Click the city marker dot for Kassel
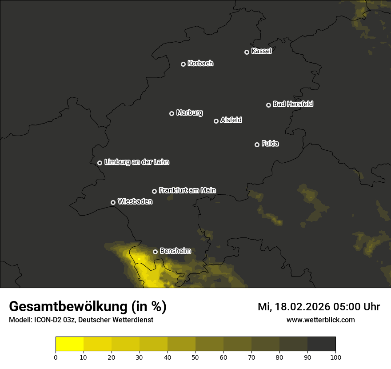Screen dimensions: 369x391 tap(247, 52)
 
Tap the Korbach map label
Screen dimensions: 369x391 tap(200, 64)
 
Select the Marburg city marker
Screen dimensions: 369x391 tap(172, 113)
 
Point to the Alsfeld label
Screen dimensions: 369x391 tap(231, 120)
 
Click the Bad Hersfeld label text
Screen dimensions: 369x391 tap(293, 104)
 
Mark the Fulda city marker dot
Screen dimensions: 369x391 tap(257, 144)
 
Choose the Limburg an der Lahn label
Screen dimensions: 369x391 tap(136, 162)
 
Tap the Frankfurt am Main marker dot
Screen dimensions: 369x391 tap(154, 191)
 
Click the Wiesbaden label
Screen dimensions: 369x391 tap(135, 202)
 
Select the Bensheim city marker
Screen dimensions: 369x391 tap(155, 252)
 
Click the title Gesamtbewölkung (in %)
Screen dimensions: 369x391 tap(88, 307)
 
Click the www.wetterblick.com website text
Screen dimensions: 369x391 tap(321, 320)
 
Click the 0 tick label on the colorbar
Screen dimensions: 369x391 tap(56, 357)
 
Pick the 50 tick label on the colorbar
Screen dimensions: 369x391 tap(195, 357)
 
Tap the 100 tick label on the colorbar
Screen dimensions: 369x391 tap(335, 357)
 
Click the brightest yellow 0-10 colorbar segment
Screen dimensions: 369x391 tap(70, 344)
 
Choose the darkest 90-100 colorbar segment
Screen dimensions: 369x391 tap(321, 344)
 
